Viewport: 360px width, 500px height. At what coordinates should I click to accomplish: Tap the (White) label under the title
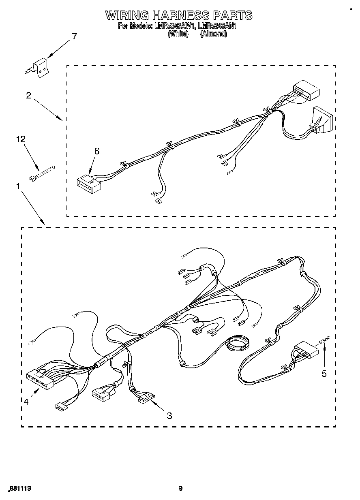point(178,34)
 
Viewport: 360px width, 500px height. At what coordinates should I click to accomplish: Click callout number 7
point(73,36)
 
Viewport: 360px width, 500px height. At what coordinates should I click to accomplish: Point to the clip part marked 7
point(40,67)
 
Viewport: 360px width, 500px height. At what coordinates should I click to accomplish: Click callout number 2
point(28,96)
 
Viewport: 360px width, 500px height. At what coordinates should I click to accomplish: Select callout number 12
point(20,139)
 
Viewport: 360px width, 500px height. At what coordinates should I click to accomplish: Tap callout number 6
point(96,151)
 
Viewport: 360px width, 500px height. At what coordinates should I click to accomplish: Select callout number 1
point(18,186)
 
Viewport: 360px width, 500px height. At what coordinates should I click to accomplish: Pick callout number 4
point(26,402)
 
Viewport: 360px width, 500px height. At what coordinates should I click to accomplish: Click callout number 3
point(169,416)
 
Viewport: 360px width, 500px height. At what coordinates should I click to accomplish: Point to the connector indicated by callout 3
point(146,398)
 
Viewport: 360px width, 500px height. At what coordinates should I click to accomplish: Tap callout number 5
point(324,374)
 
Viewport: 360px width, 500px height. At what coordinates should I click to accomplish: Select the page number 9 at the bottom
point(180,489)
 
